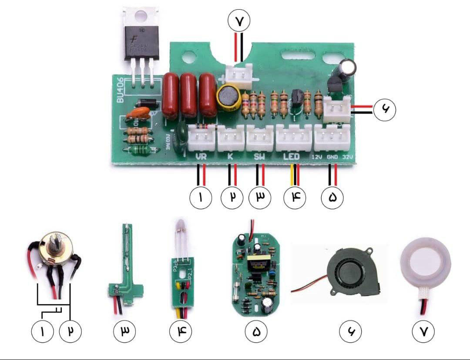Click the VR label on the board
click(201, 156)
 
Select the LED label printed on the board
click(292, 156)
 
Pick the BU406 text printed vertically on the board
click(121, 90)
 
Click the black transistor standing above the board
click(141, 41)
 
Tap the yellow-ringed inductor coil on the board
click(229, 97)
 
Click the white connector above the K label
click(231, 136)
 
